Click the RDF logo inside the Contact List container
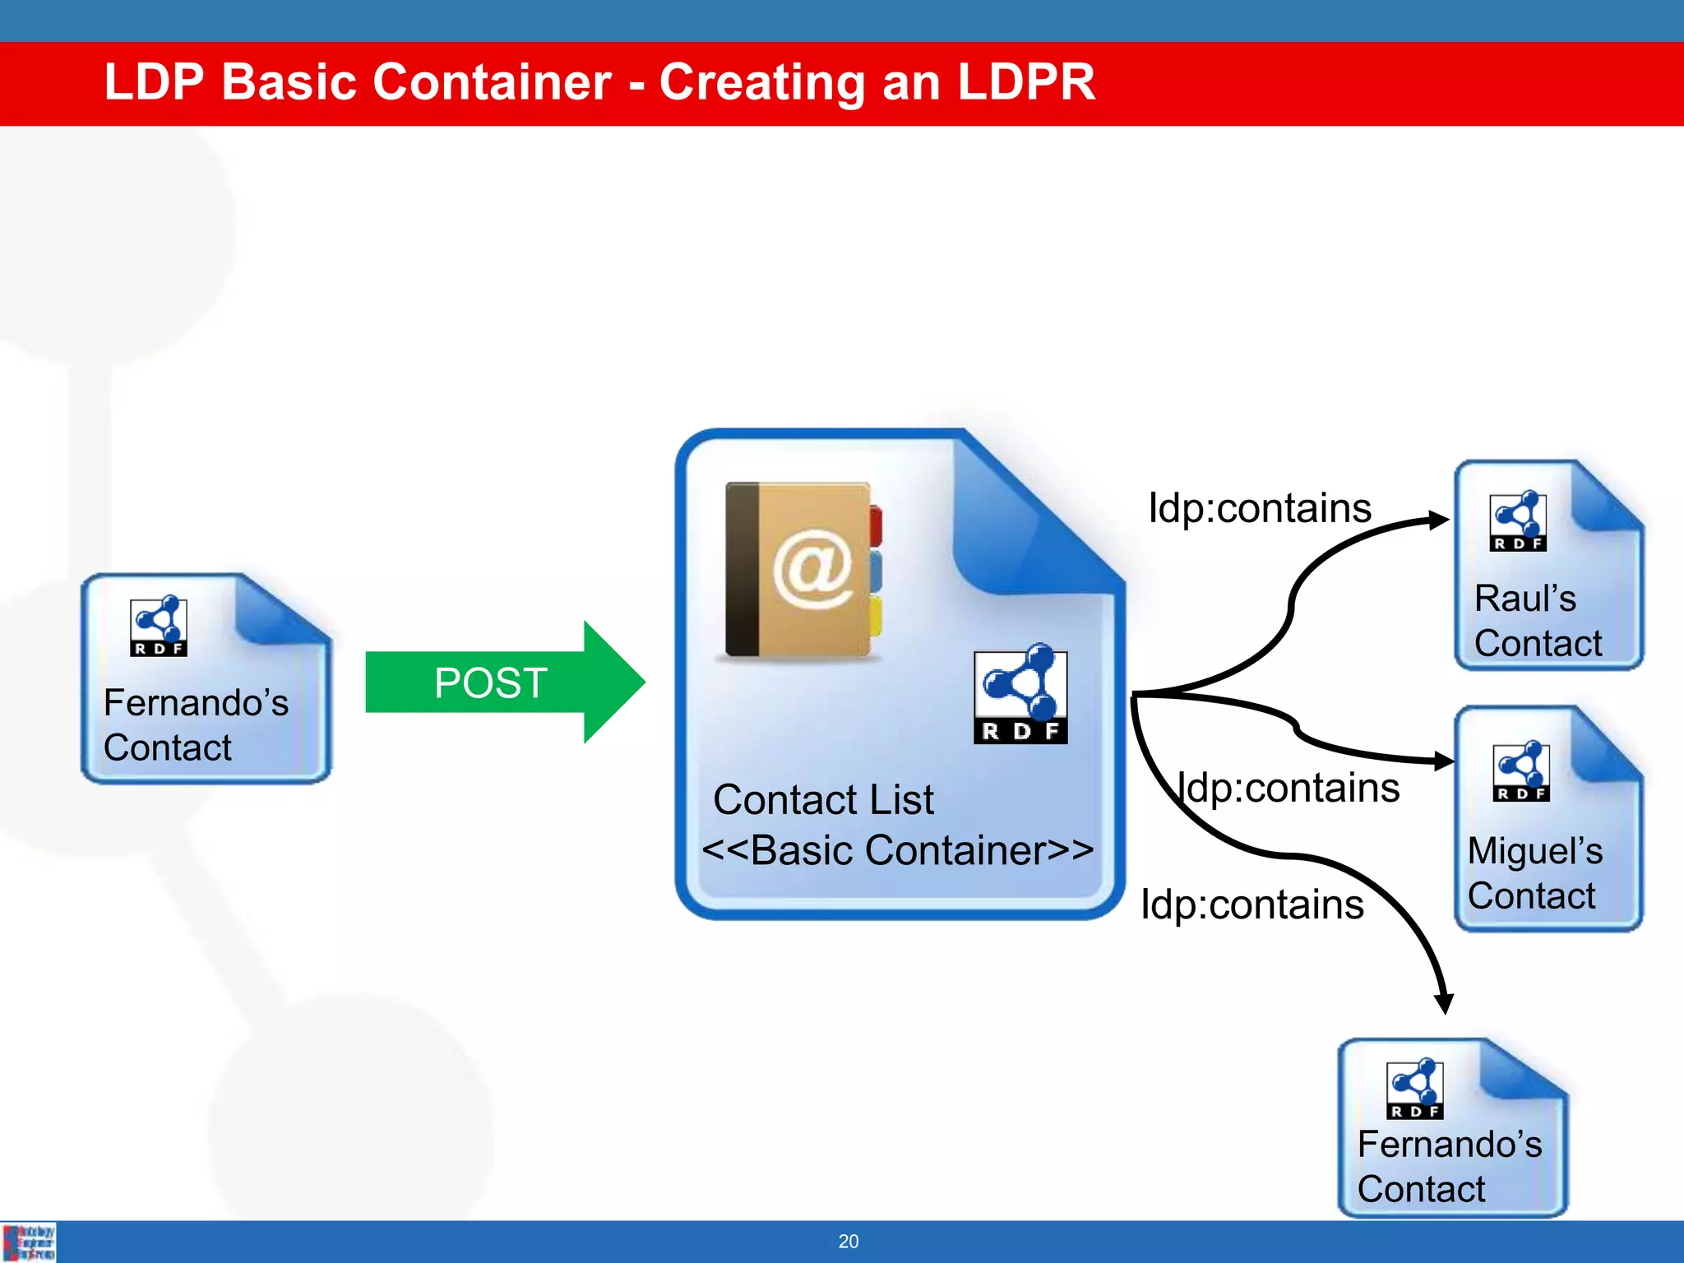pos(1020,696)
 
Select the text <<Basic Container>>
pos(898,850)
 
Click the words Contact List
pos(823,800)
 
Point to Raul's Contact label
pos(1536,621)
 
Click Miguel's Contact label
pos(1534,873)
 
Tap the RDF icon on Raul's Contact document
pos(1518,521)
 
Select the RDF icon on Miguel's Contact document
pos(1521,771)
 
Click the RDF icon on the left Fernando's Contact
pos(159,627)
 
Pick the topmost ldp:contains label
pos(1260,508)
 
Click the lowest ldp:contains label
pos(1251,904)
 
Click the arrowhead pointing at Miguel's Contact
pos(1443,761)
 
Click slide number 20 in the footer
pos(849,1242)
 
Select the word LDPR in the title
pos(1026,82)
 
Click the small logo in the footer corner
pos(29,1242)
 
